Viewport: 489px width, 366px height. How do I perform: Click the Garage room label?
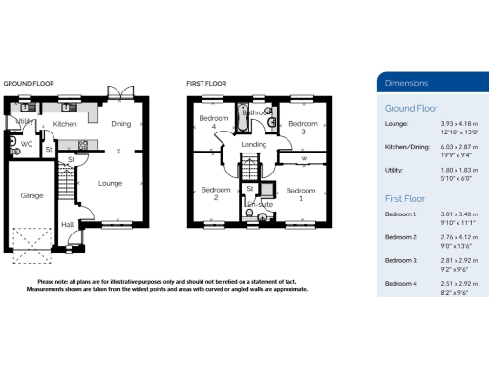click(32, 195)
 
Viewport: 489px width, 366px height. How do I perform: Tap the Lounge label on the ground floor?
click(110, 183)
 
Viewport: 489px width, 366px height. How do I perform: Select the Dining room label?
click(120, 124)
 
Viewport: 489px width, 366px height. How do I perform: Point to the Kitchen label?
click(65, 124)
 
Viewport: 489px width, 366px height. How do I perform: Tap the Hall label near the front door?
click(68, 225)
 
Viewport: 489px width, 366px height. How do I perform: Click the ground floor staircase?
click(66, 181)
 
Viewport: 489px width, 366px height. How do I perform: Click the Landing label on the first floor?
click(254, 145)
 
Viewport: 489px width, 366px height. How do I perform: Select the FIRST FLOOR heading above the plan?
click(204, 84)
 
